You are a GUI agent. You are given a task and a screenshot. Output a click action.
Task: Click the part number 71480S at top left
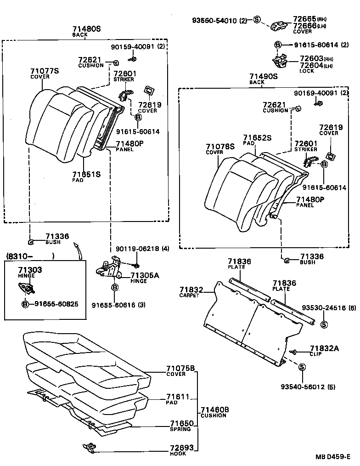pos(86,28)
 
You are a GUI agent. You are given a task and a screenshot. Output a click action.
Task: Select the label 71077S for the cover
pos(45,71)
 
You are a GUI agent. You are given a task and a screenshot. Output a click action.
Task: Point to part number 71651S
pos(86,174)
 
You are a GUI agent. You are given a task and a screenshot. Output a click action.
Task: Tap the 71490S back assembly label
pos(264,76)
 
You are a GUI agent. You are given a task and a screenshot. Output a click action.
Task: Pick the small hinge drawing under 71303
pos(27,288)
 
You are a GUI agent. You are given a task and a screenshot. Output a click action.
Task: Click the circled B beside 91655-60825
pos(26,304)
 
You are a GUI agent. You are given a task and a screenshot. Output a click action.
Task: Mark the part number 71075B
pos(180,368)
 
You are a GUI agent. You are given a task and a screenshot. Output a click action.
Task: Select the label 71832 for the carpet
pos(191,290)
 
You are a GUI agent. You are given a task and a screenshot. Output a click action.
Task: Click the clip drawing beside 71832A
pos(295,352)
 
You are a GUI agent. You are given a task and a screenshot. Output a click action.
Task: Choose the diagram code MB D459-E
pos(332,457)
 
